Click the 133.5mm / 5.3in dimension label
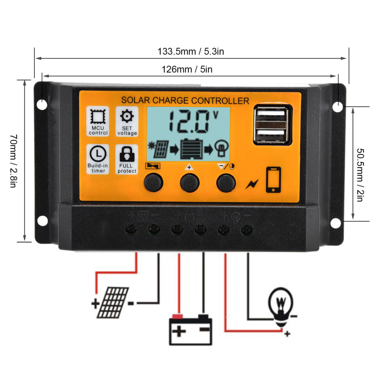coord(190,51)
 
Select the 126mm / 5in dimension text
coord(187,69)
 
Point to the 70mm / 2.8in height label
coord(14,161)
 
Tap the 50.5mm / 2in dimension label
coord(360,175)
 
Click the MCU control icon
coord(98,116)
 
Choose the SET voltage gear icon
coord(127,116)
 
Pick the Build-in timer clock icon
coord(98,154)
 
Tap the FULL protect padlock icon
coord(127,154)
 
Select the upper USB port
coord(271,113)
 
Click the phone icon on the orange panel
coord(274,180)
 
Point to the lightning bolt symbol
coord(252,184)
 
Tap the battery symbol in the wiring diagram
coord(190,330)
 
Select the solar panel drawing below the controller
coord(113,303)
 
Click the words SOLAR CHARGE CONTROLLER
coord(185,100)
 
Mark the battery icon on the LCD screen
coord(192,149)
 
